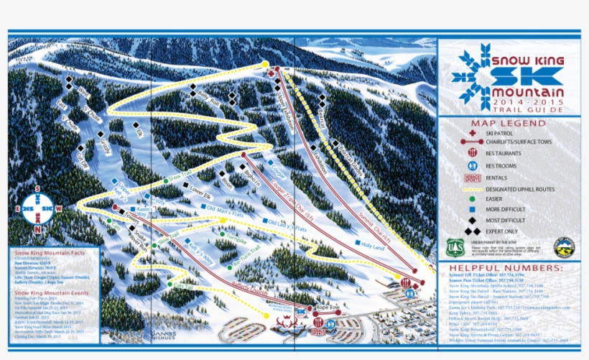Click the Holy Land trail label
pos(374,245)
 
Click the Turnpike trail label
pos(235,235)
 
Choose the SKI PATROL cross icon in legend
pos(471,133)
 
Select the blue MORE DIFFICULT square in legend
pos(472,208)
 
